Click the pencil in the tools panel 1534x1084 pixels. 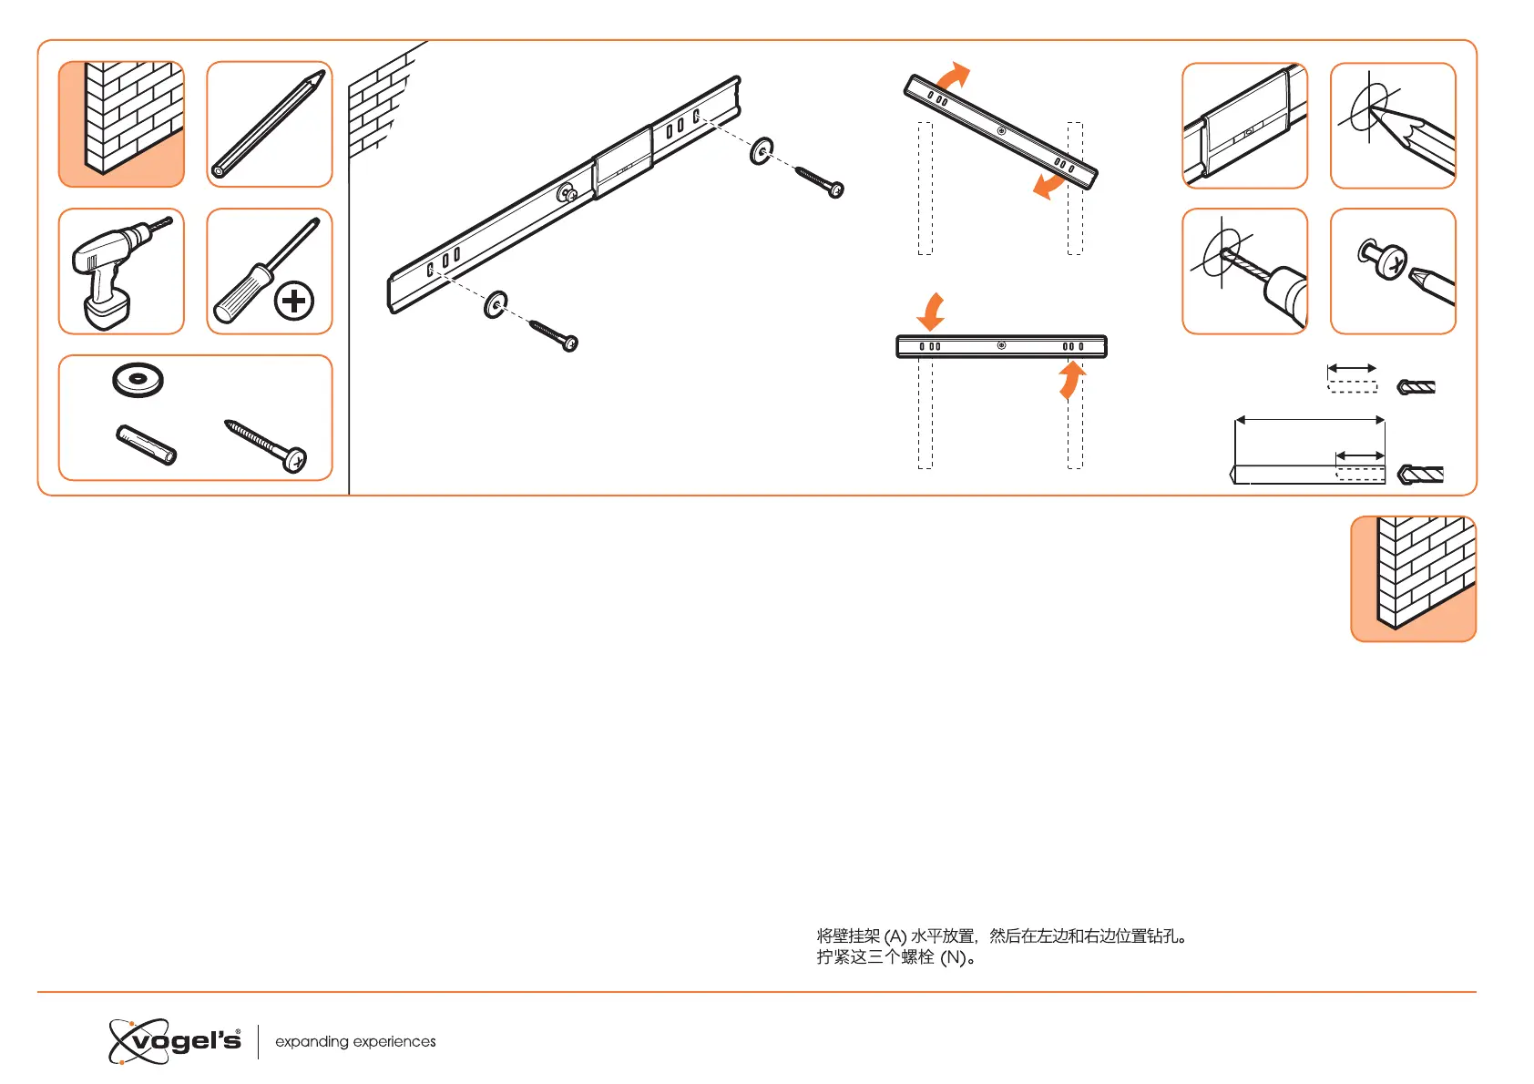pyautogui.click(x=270, y=124)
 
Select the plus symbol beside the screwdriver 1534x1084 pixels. pyautogui.click(x=294, y=301)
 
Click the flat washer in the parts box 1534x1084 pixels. pyautogui.click(x=138, y=379)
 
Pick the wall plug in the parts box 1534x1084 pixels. pyautogui.click(x=147, y=445)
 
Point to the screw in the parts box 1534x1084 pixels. pyautogui.click(x=266, y=445)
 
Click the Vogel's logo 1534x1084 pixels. pyautogui.click(x=176, y=1041)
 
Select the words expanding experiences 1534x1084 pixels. pyautogui.click(x=355, y=1041)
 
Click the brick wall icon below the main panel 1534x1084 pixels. pyautogui.click(x=1413, y=578)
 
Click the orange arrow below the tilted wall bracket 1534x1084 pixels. pyautogui.click(x=1048, y=186)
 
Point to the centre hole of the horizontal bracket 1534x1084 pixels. pyautogui.click(x=1001, y=346)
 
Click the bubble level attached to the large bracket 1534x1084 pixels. pyautogui.click(x=623, y=164)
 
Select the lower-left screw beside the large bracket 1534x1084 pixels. pyautogui.click(x=554, y=334)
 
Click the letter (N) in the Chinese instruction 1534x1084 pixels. pyautogui.click(x=953, y=957)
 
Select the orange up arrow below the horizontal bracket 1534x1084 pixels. pyautogui.click(x=1070, y=381)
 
